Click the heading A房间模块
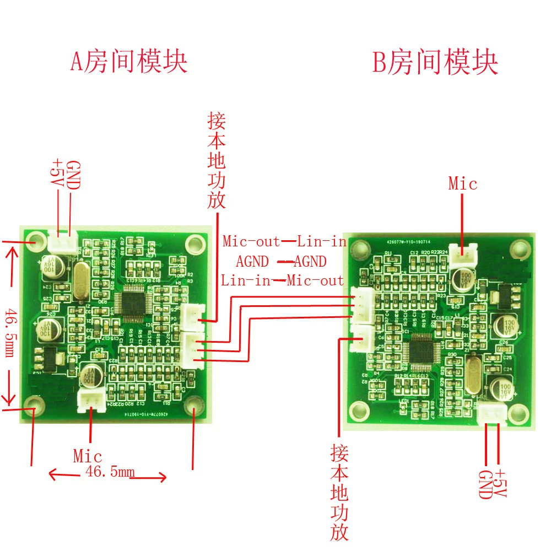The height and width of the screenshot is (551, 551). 129,61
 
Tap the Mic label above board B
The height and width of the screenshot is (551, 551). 462,183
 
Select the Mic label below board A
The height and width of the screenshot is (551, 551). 88,456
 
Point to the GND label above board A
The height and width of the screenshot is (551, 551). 73,175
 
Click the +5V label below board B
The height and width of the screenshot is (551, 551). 500,484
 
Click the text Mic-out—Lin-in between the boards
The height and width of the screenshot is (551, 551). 284,241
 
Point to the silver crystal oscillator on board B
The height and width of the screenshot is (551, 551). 472,376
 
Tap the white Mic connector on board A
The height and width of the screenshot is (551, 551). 89,400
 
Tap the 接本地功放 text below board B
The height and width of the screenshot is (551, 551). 339,493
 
